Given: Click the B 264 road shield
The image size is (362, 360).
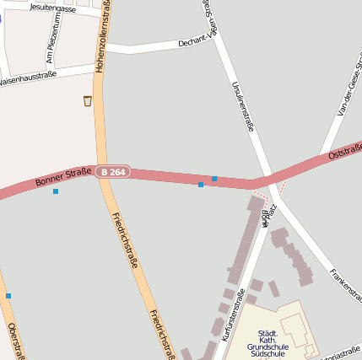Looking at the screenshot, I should click(113, 172).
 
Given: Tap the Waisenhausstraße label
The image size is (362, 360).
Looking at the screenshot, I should click(28, 75).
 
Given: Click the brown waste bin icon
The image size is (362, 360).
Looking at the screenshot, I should click(88, 101).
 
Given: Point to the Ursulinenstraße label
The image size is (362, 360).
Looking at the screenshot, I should click(242, 106).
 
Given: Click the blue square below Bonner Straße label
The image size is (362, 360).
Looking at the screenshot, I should click(56, 191).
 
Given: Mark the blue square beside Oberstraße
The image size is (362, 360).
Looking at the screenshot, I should click(8, 296).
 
